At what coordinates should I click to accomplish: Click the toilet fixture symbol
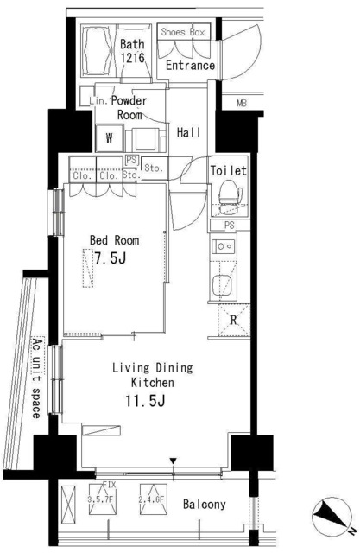tap(228, 195)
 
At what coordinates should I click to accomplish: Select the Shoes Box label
tap(182, 32)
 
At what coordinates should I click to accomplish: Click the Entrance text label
tap(190, 66)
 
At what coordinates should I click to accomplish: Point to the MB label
tap(243, 106)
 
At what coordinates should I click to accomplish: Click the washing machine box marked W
tap(110, 137)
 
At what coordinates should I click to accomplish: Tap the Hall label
tap(189, 133)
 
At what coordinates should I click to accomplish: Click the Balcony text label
tap(204, 505)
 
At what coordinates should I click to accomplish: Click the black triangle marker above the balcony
tap(174, 462)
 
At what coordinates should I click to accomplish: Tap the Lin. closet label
tap(97, 101)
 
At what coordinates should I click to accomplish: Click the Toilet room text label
tap(229, 171)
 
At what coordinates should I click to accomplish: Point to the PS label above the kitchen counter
tap(228, 226)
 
